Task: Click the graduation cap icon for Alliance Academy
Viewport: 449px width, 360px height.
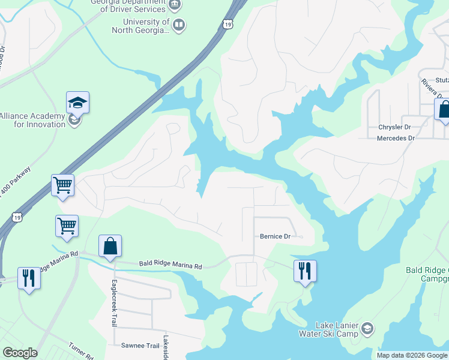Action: click(77, 103)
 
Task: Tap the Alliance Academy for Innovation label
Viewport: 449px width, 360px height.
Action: click(32, 120)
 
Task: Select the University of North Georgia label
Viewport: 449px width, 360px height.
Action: click(132, 26)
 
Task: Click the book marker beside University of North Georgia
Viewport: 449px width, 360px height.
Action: click(179, 25)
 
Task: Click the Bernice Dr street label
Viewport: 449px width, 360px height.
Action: click(275, 236)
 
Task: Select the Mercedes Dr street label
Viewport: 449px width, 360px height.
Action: click(396, 138)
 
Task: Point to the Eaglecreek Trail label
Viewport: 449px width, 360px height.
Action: click(113, 303)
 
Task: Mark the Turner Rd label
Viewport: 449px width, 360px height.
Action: click(81, 351)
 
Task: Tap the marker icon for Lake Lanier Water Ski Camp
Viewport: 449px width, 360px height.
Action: click(367, 328)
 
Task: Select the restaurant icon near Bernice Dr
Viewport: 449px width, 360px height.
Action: click(305, 271)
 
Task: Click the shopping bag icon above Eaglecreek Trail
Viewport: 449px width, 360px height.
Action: click(110, 246)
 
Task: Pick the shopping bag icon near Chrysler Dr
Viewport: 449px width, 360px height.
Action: click(443, 110)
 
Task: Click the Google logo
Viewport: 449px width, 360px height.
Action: click(20, 353)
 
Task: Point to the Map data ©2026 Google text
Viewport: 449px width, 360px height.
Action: click(411, 355)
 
